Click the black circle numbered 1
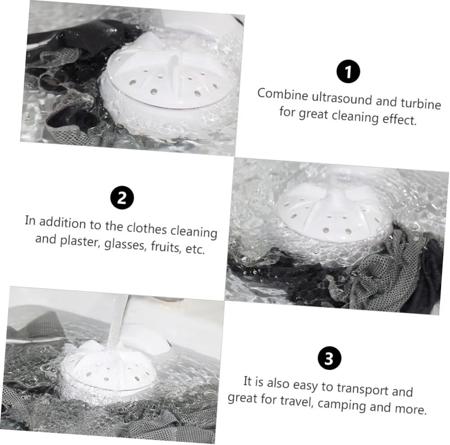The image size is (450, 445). click(x=348, y=72)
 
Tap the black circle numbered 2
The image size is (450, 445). click(x=122, y=198)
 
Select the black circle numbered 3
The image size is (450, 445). click(x=329, y=358)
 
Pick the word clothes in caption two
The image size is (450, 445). click(x=147, y=228)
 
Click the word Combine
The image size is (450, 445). click(x=283, y=94)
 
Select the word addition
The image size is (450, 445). click(x=62, y=222)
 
